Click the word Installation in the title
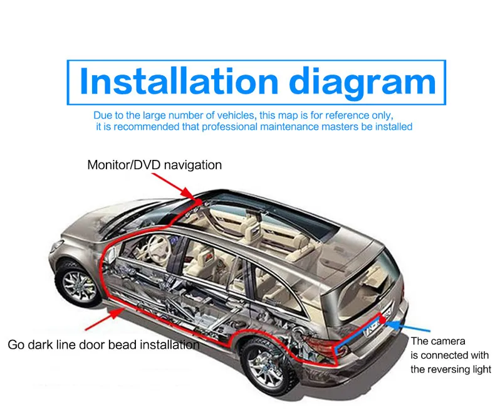[x=179, y=81]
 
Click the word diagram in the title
[x=362, y=83]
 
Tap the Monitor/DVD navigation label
[x=154, y=165]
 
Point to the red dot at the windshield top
[x=199, y=201]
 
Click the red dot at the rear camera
[x=382, y=320]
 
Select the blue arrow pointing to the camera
[x=407, y=327]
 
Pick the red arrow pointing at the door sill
[x=105, y=319]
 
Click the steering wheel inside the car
[x=159, y=246]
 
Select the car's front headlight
[x=57, y=246]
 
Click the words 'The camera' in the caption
[x=438, y=341]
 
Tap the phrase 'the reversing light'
[x=451, y=369]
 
